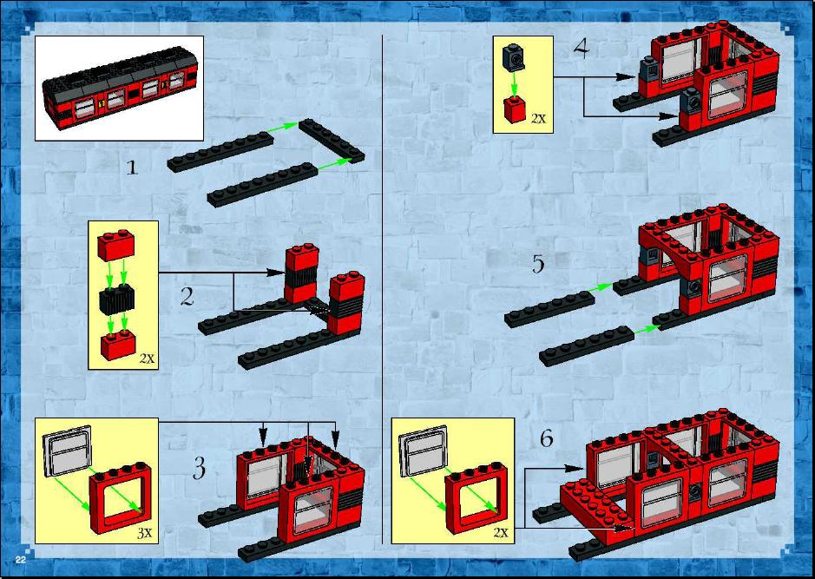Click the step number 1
(133, 168)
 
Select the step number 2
(187, 296)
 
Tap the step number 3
(199, 468)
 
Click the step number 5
(538, 264)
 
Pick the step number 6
(546, 438)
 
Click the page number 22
(21, 560)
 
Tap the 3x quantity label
(144, 533)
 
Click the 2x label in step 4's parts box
(538, 119)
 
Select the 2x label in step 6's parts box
(501, 533)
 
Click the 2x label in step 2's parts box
(148, 359)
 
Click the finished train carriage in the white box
(121, 89)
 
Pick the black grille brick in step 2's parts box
(116, 300)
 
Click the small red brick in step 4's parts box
(515, 109)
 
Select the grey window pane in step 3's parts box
(68, 451)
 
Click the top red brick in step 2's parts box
(116, 246)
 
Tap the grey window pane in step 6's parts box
(423, 451)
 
